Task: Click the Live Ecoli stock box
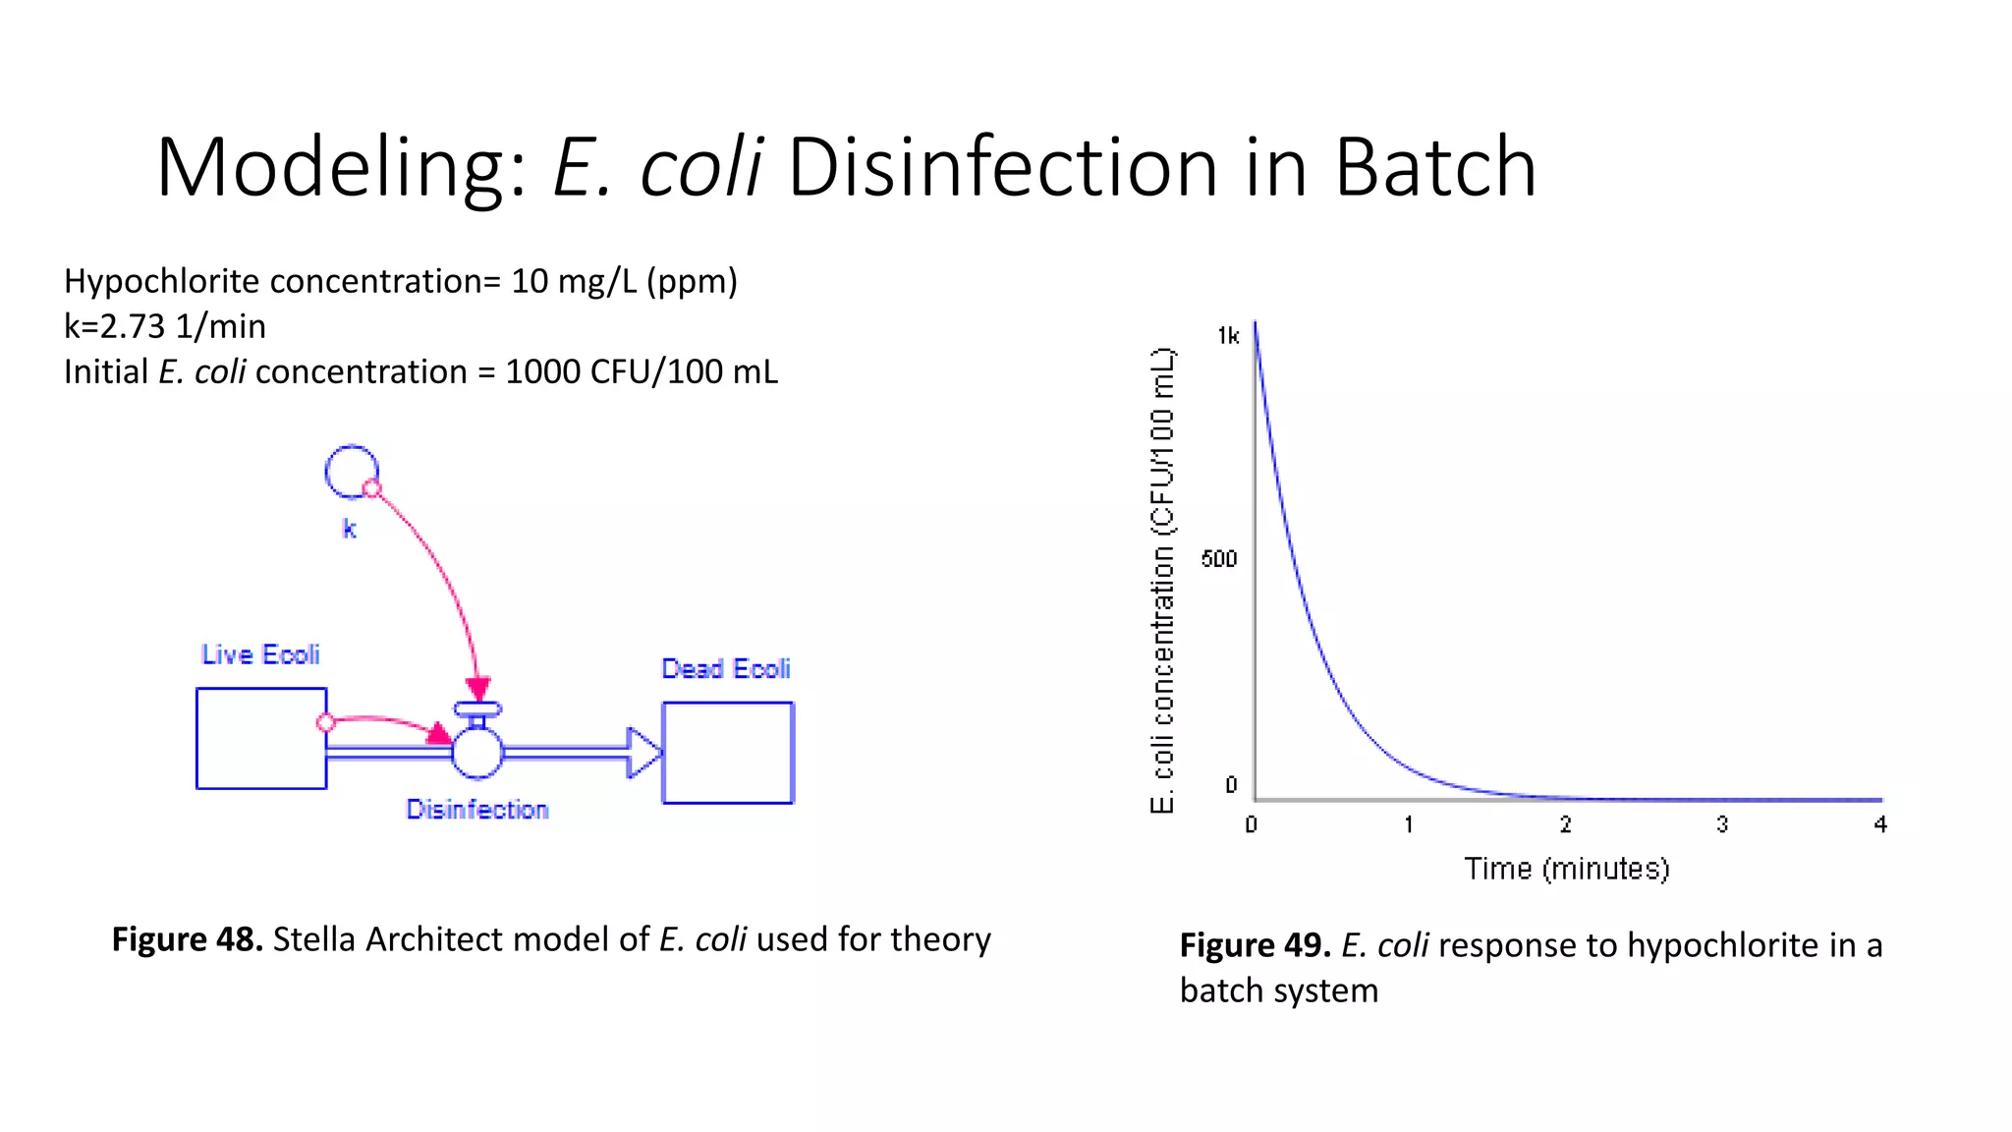click(x=261, y=738)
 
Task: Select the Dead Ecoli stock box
click(x=727, y=753)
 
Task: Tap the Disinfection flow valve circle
click(x=477, y=753)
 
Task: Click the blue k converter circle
click(x=350, y=471)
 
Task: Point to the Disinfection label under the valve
click(x=477, y=810)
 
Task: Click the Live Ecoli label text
click(x=260, y=654)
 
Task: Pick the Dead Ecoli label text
click(x=726, y=669)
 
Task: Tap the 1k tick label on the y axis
click(x=1228, y=336)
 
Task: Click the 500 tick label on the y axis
click(x=1219, y=559)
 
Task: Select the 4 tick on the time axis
click(x=1879, y=824)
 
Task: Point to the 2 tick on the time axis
click(x=1565, y=824)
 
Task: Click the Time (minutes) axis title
click(x=1567, y=869)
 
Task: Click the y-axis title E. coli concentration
click(x=1162, y=580)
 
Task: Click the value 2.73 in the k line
click(x=133, y=326)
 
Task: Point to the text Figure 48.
click(x=187, y=939)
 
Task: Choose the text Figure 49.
click(x=1255, y=945)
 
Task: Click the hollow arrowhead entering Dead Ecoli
click(x=644, y=753)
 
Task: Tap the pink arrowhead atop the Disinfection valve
click(x=478, y=688)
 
